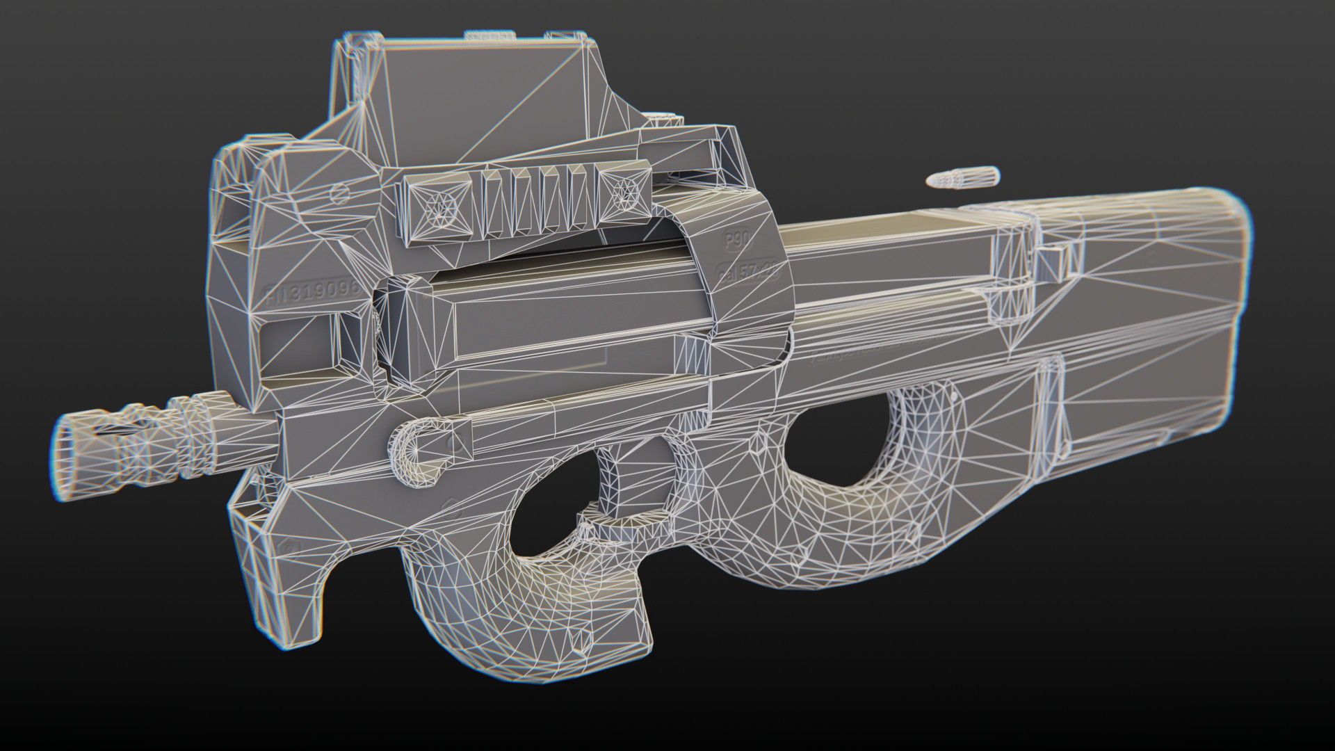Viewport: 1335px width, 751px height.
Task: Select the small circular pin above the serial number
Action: tap(340, 193)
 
